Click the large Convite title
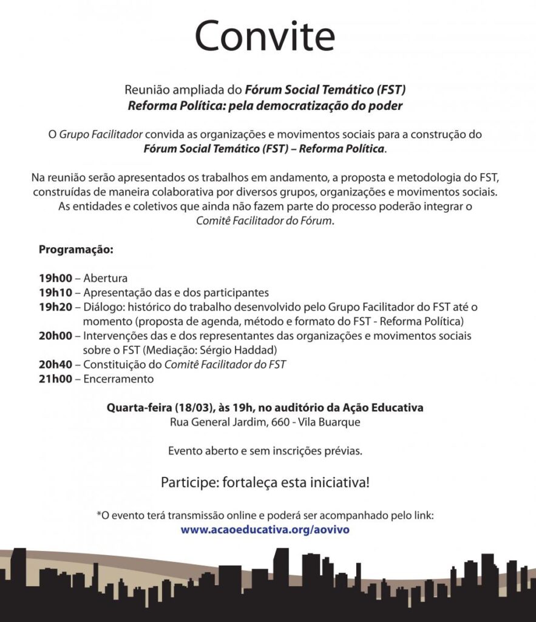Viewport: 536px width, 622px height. pyautogui.click(x=265, y=36)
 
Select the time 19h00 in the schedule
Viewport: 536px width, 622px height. pyautogui.click(x=55, y=279)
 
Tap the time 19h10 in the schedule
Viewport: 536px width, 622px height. pyautogui.click(x=55, y=292)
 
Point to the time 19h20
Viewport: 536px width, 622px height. pyautogui.click(x=55, y=306)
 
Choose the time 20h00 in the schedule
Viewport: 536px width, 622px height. pyautogui.click(x=55, y=335)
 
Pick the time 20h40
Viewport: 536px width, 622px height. pyautogui.click(x=55, y=364)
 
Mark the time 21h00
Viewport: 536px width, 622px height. pyautogui.click(x=55, y=379)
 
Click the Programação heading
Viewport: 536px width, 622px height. pyautogui.click(x=76, y=250)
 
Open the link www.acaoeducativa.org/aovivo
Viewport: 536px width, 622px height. pyautogui.click(x=265, y=530)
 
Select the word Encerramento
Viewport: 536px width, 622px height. pyautogui.click(x=118, y=379)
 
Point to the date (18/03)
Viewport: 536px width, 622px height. pyautogui.click(x=195, y=408)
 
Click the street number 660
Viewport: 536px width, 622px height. pyautogui.click(x=278, y=422)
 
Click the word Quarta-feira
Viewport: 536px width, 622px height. pyautogui.click(x=135, y=408)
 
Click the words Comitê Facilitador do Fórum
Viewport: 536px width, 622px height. pyautogui.click(x=265, y=220)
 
